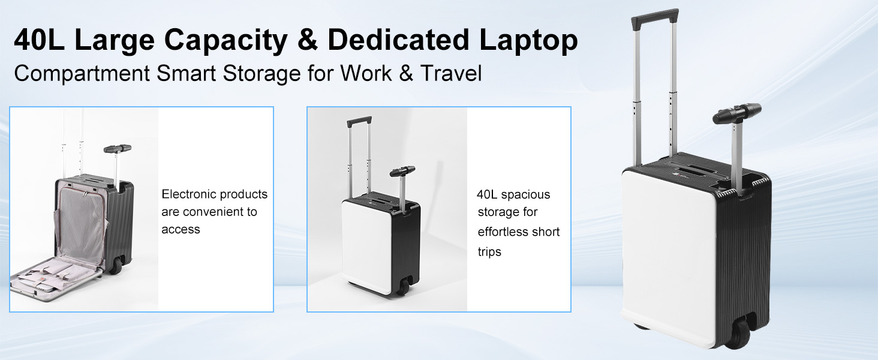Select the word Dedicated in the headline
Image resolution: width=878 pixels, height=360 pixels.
(x=398, y=40)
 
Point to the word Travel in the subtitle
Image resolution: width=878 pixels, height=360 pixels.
(x=451, y=73)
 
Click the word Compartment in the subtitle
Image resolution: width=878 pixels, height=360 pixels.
(x=82, y=74)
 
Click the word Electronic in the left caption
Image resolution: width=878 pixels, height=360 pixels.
(x=187, y=194)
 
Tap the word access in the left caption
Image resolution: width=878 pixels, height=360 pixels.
(x=181, y=229)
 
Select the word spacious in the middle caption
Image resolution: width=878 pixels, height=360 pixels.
(x=525, y=195)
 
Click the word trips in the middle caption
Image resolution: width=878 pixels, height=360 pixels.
(x=489, y=252)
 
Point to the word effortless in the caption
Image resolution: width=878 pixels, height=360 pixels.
(x=501, y=232)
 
